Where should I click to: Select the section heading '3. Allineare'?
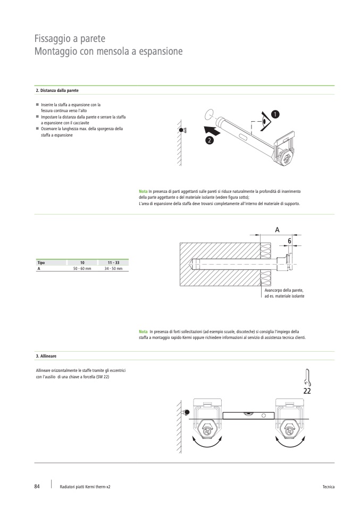46,355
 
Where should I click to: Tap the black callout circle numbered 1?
274,114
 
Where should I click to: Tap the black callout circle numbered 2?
209,140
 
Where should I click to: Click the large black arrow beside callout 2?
211,129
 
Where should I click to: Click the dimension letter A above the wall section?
278,230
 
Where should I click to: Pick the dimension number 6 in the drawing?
289,241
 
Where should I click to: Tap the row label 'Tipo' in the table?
40,263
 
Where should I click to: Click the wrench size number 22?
307,391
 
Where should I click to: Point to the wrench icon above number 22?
307,377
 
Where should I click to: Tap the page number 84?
37,486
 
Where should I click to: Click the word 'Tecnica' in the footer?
328,487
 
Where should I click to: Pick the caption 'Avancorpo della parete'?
283,291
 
